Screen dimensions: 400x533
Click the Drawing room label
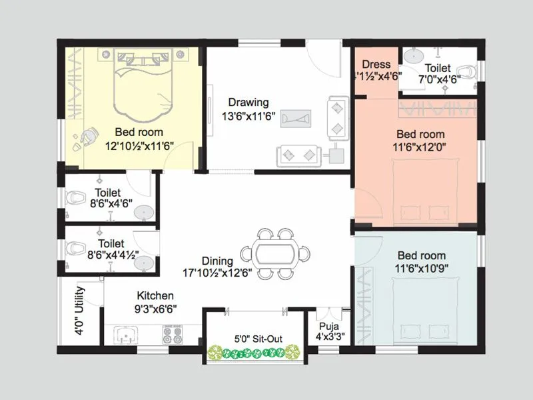249,103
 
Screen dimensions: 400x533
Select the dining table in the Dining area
276,253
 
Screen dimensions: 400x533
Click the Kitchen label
155,295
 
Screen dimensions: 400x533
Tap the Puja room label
328,326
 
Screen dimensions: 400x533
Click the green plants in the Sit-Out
253,352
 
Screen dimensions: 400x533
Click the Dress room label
376,65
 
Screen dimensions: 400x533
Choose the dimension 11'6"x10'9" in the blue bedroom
421,268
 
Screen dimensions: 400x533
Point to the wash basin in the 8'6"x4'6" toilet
143,211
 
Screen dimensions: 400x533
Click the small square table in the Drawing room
336,155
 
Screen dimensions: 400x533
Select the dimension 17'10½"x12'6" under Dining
218,273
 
